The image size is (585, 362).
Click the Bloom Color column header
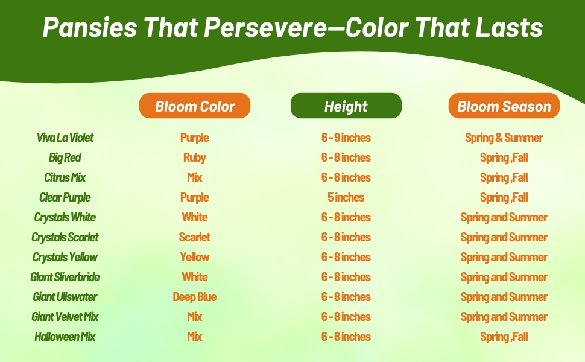pyautogui.click(x=195, y=106)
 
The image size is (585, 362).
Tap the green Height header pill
pyautogui.click(x=346, y=106)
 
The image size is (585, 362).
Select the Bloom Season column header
pyautogui.click(x=504, y=106)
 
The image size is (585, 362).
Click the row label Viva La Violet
pyautogui.click(x=65, y=138)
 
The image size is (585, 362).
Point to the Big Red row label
pyautogui.click(x=65, y=157)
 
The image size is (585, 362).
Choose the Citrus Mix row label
pyautogui.click(x=65, y=177)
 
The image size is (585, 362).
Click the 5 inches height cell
pyautogui.click(x=346, y=197)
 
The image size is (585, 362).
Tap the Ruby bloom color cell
pyautogui.click(x=194, y=157)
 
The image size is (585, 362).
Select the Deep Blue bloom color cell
pyautogui.click(x=194, y=297)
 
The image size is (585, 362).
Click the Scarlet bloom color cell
pyautogui.click(x=194, y=237)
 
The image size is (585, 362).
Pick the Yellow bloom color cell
pyautogui.click(x=194, y=257)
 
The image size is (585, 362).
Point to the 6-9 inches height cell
pyautogui.click(x=346, y=138)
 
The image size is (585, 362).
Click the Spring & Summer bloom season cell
pyautogui.click(x=504, y=138)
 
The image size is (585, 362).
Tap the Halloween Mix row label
pyautogui.click(x=65, y=337)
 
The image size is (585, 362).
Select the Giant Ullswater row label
pyautogui.click(x=65, y=297)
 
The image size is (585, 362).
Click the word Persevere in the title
pyautogui.click(x=265, y=27)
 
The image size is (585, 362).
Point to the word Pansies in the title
pyautogui.click(x=90, y=27)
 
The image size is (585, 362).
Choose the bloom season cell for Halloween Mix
pyautogui.click(x=504, y=337)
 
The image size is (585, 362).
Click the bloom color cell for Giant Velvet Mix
pyautogui.click(x=194, y=317)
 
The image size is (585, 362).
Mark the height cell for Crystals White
pyautogui.click(x=346, y=217)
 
